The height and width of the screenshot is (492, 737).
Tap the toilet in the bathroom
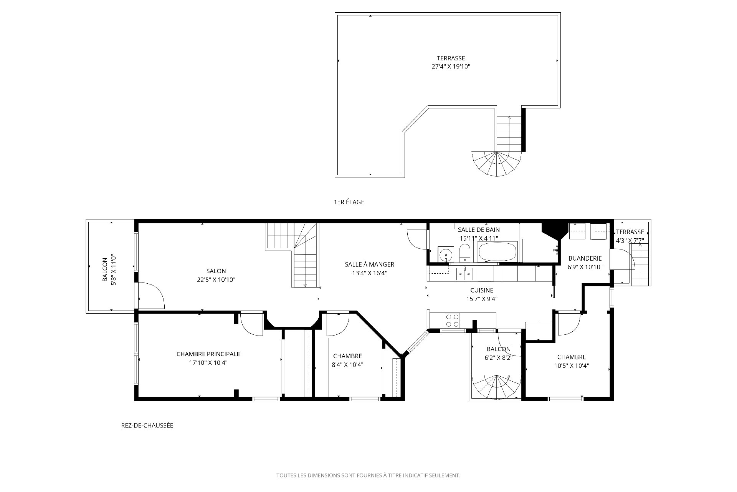[464, 253]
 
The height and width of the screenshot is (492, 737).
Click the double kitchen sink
[464, 274]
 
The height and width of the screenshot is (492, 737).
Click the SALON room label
[216, 271]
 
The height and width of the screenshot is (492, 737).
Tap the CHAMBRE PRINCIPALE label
[208, 354]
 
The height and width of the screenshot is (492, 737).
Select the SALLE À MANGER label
[370, 264]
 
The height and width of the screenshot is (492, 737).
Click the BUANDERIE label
[585, 258]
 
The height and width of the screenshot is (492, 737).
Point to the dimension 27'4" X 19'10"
[451, 66]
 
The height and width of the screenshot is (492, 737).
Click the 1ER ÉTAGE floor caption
[349, 202]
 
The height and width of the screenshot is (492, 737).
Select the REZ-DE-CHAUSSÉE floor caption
[147, 426]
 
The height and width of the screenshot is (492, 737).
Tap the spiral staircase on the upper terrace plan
[497, 163]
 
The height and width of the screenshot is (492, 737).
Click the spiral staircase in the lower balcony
[496, 387]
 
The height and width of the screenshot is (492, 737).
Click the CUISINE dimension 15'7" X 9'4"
[482, 299]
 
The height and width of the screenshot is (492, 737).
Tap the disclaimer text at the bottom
[368, 475]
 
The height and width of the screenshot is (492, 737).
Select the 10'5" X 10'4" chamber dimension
[572, 366]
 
